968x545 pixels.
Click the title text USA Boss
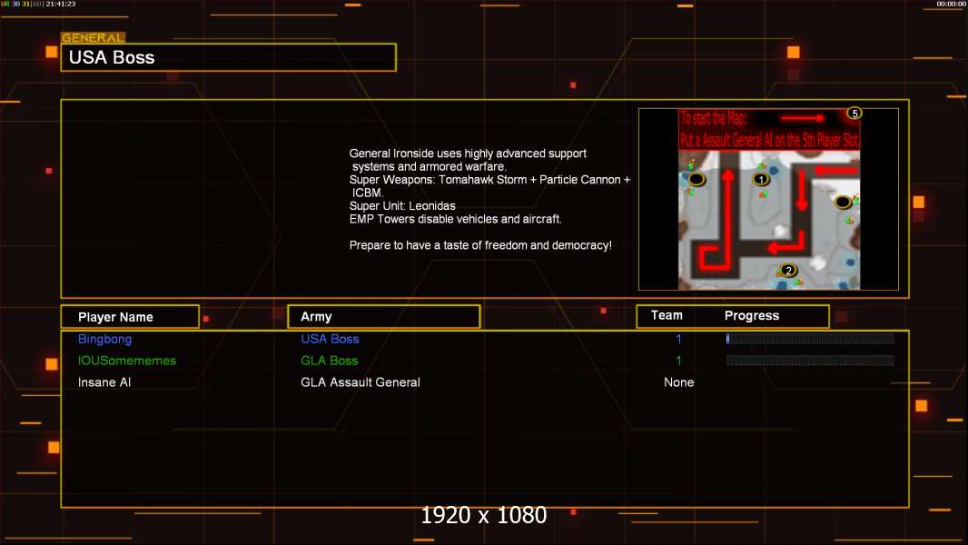112,57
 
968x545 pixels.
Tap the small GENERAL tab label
93,38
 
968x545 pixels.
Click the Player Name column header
115,317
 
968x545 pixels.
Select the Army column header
316,317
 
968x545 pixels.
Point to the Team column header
667,315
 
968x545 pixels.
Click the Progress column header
752,316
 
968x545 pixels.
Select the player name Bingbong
104,339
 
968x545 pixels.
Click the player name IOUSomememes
127,361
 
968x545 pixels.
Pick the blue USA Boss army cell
330,339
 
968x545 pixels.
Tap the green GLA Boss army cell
330,361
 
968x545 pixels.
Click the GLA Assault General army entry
361,382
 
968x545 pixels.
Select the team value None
678,382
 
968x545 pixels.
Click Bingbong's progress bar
810,339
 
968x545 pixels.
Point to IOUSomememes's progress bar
810,361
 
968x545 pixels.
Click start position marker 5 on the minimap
854,114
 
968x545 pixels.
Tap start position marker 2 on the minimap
788,270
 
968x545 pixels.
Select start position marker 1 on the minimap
763,179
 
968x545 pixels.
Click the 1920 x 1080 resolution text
484,515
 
